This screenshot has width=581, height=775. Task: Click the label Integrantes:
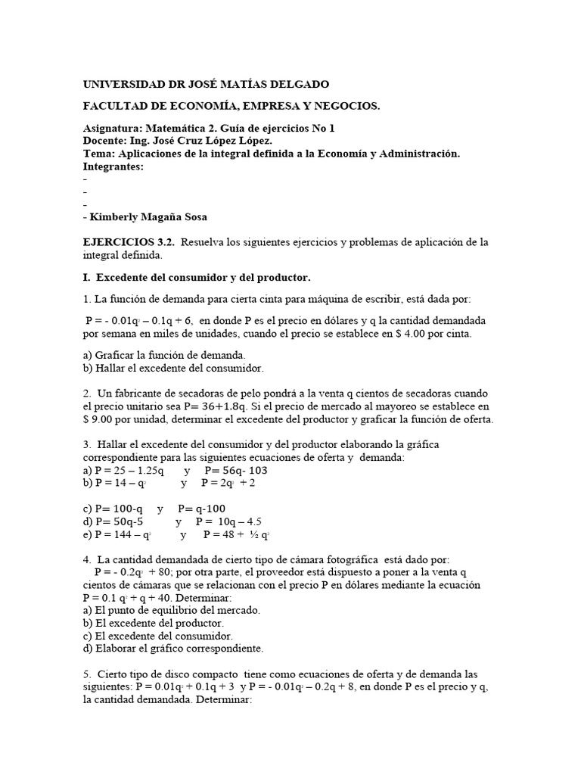pos(112,167)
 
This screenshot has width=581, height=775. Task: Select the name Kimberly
pos(116,216)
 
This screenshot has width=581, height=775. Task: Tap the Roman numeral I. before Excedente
pos(86,278)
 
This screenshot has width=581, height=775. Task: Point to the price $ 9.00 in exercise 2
pos(103,420)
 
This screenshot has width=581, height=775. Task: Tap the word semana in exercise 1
pos(114,334)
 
